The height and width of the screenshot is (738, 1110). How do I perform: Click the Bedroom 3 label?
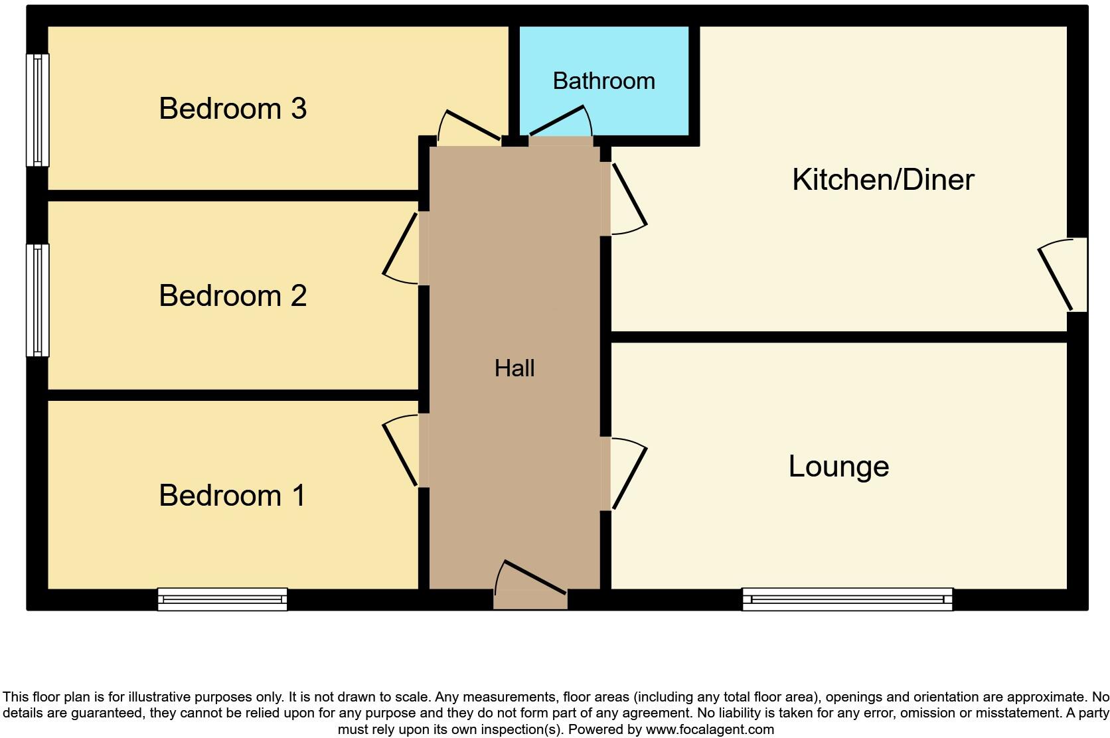pyautogui.click(x=232, y=109)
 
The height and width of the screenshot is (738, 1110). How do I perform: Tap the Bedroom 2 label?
pyautogui.click(x=232, y=296)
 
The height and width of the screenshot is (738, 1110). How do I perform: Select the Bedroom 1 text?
pyautogui.click(x=232, y=496)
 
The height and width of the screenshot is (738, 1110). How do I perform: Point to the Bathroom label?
pyautogui.click(x=603, y=81)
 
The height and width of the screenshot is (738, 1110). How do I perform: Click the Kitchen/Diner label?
pyautogui.click(x=883, y=180)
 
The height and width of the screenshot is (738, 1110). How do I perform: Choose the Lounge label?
pyautogui.click(x=838, y=467)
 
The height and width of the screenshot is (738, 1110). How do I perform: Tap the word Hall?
pyautogui.click(x=515, y=368)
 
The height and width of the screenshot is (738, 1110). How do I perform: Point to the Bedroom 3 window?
pyautogui.click(x=37, y=110)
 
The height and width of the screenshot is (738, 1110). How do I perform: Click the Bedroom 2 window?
pyautogui.click(x=37, y=300)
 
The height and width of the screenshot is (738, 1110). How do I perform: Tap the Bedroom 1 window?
pyautogui.click(x=222, y=599)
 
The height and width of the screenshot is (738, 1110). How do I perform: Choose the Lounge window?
pyautogui.click(x=847, y=599)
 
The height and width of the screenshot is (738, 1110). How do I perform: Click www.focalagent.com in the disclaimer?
pyautogui.click(x=709, y=729)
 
